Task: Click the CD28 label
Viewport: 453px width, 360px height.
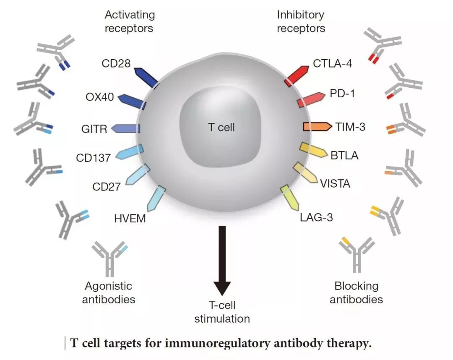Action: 116,63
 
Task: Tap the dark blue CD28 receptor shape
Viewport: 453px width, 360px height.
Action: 146,78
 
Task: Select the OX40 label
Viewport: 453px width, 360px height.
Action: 100,97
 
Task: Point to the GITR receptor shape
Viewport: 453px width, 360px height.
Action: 126,128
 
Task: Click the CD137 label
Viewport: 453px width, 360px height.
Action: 93,158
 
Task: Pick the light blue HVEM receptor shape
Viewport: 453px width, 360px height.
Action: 156,198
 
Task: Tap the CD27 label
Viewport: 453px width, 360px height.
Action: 106,187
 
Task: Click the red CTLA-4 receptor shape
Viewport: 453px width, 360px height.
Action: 297,76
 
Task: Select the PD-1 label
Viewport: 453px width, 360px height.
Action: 342,94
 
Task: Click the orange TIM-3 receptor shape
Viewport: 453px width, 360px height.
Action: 318,127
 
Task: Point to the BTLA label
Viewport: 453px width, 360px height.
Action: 344,156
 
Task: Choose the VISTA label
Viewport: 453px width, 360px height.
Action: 335,184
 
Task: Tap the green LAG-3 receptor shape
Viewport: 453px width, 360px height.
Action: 289,198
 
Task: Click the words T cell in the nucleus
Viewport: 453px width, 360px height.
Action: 221,128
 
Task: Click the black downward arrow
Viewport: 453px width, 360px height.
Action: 222,261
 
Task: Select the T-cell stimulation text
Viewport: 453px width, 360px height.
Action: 222,312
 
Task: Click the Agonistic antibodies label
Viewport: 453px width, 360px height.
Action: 109,293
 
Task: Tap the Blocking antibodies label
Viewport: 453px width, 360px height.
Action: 356,293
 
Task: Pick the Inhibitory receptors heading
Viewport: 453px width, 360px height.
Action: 301,22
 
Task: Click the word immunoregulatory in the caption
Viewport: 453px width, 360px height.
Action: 218,344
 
